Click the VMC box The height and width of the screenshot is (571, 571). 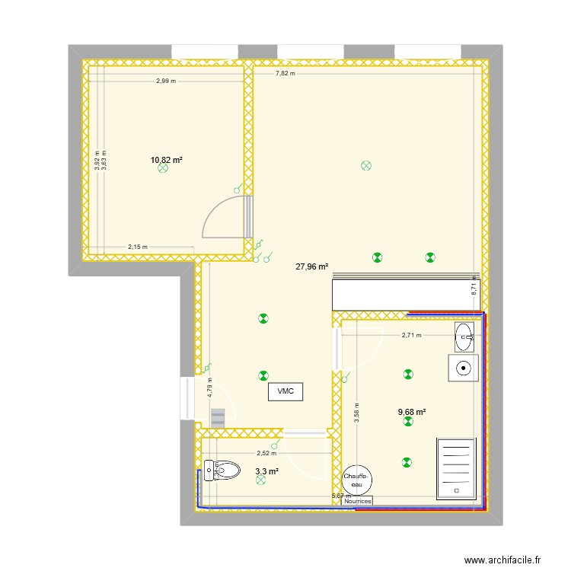pyautogui.click(x=285, y=391)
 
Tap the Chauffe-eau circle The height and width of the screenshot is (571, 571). pyautogui.click(x=358, y=480)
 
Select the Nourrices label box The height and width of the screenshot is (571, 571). pyautogui.click(x=358, y=501)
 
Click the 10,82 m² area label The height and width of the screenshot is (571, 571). pyautogui.click(x=167, y=160)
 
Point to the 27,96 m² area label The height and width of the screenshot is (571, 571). pyautogui.click(x=312, y=267)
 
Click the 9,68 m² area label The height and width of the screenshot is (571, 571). pyautogui.click(x=412, y=413)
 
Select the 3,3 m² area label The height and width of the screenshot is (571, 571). pyautogui.click(x=266, y=472)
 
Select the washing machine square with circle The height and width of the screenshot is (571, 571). pyautogui.click(x=463, y=368)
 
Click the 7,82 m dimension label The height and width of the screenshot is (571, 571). pyautogui.click(x=285, y=73)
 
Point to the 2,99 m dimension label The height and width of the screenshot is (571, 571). pyautogui.click(x=166, y=81)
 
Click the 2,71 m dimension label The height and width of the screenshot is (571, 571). pyautogui.click(x=411, y=335)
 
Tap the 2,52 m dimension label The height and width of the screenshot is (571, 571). pyautogui.click(x=265, y=452)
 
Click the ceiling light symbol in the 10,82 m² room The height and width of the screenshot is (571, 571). pyautogui.click(x=162, y=170)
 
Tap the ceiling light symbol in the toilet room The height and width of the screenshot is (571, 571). pyautogui.click(x=261, y=481)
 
